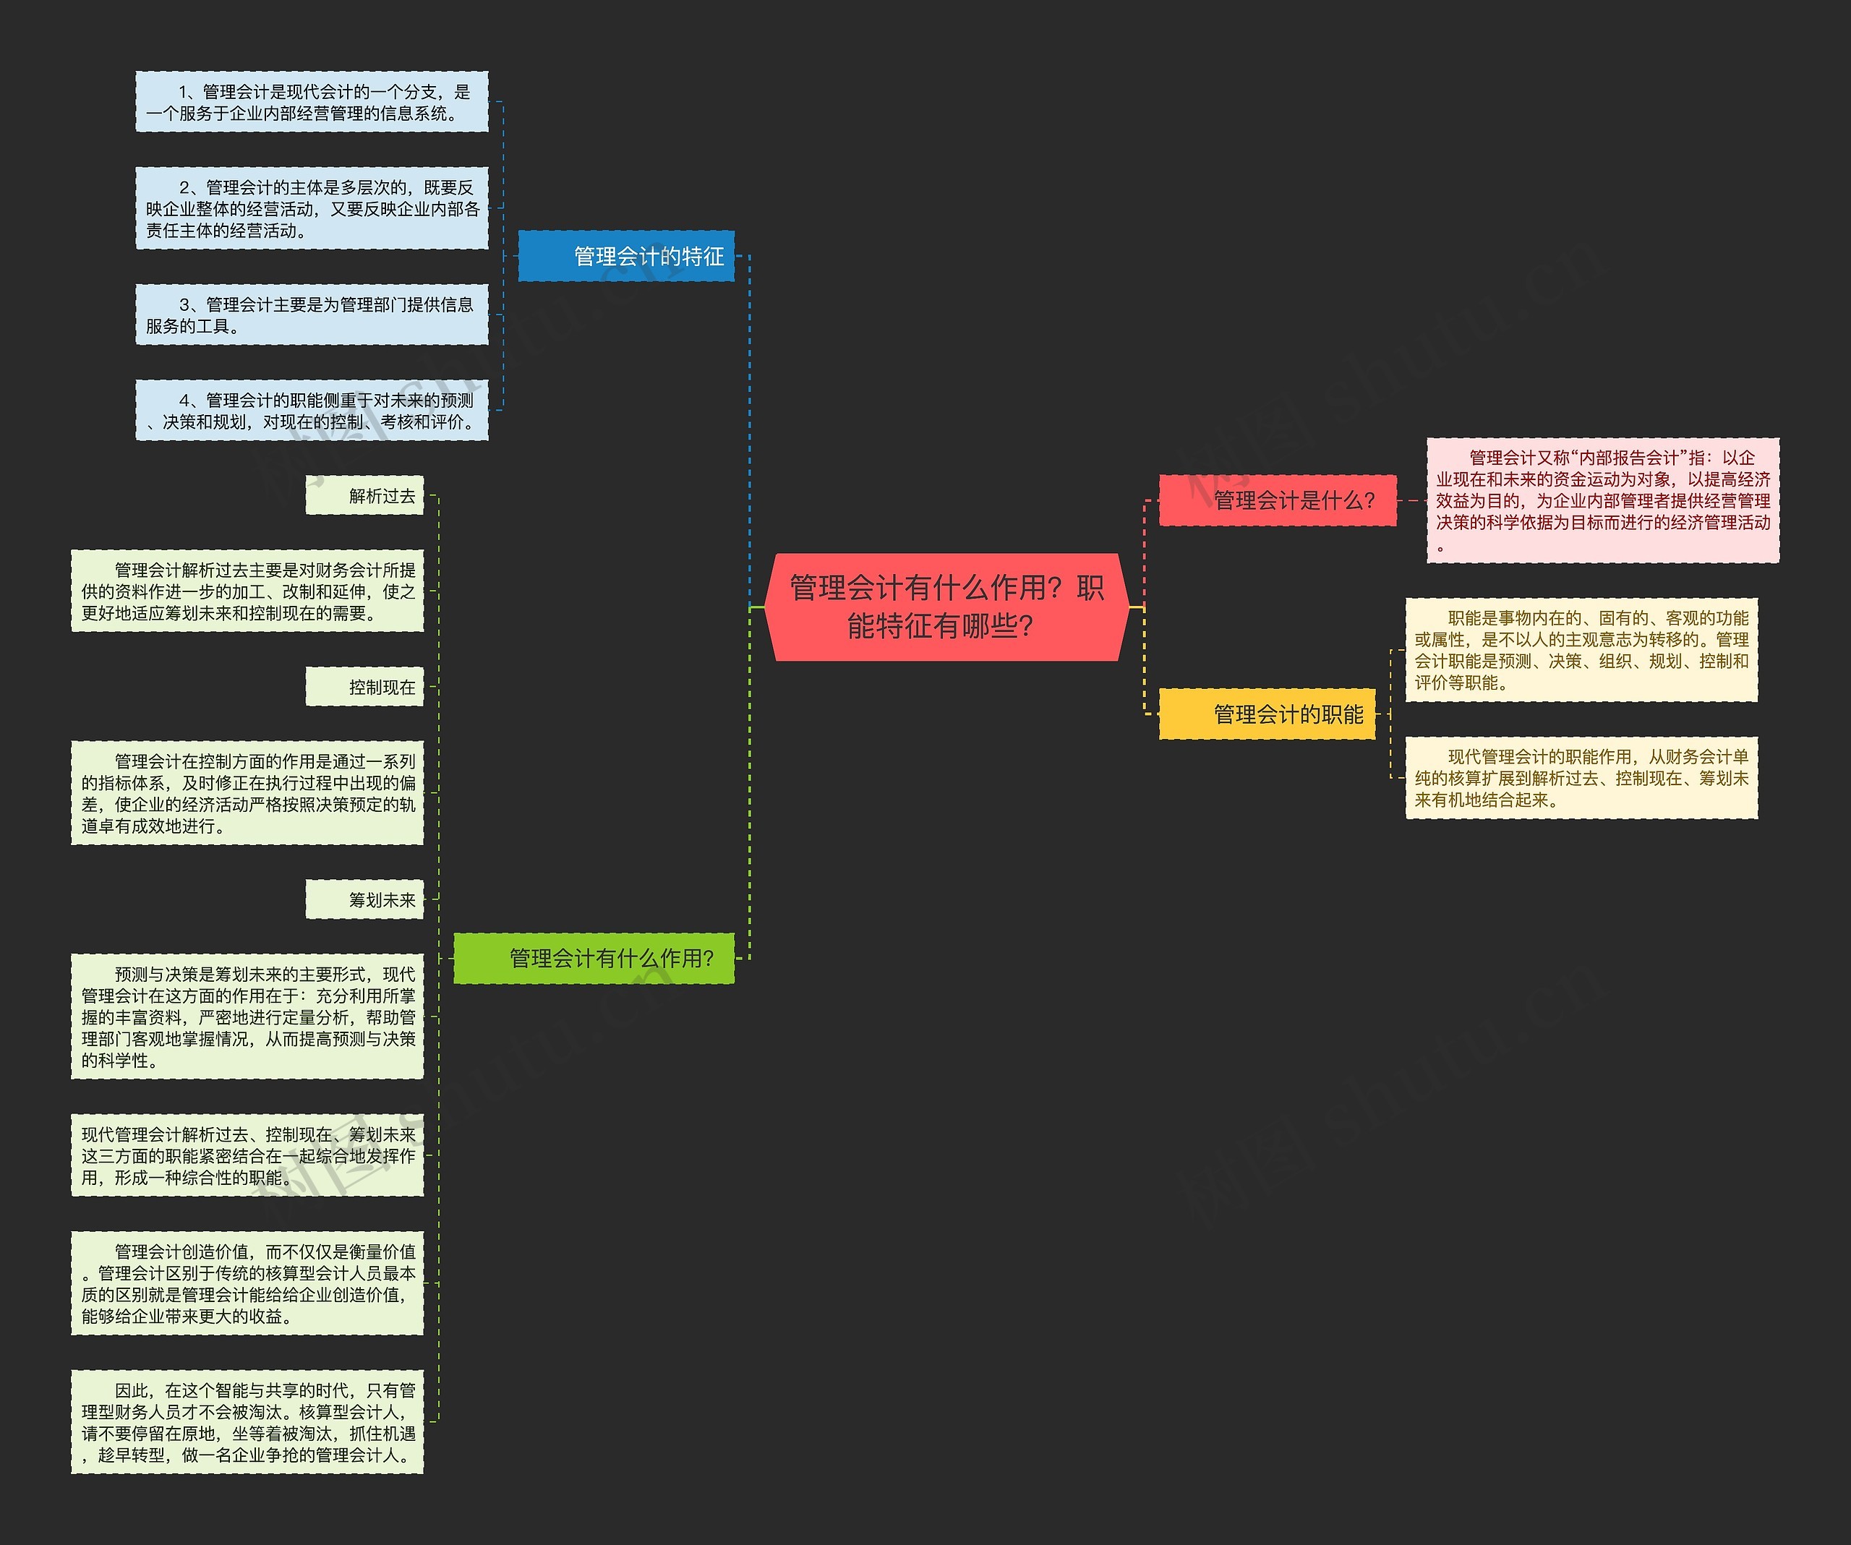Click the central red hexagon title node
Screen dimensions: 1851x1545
946,607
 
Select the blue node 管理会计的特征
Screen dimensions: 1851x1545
626,257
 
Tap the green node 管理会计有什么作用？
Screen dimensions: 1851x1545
593,958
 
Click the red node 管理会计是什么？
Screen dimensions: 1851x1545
1277,500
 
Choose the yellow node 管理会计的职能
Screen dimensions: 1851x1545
1267,714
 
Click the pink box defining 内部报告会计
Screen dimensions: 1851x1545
1602,500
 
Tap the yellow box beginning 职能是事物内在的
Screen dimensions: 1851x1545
1581,649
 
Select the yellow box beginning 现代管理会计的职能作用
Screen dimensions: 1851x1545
1581,777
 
